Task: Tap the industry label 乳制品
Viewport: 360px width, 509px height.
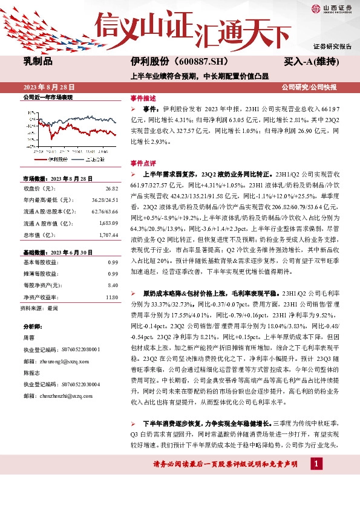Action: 38,62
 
